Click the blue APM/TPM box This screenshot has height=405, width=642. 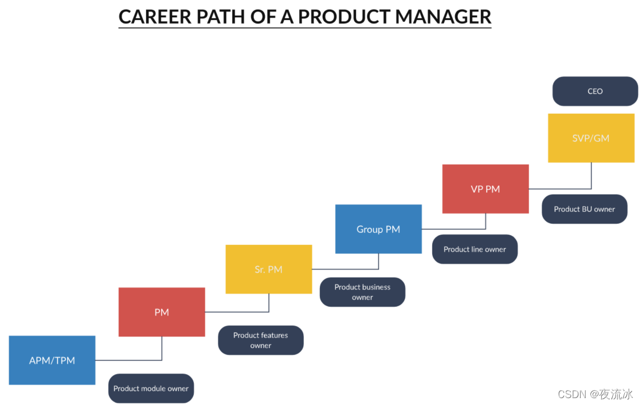coord(52,360)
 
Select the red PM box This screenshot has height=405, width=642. coord(162,312)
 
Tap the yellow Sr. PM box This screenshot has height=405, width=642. coord(268,269)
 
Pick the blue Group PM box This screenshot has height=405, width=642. coord(378,229)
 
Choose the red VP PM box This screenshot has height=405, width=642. coord(485,189)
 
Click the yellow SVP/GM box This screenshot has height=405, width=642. coord(590,138)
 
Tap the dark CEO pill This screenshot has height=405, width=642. coord(595,91)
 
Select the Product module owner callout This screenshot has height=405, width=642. coord(151,388)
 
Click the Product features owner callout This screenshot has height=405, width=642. coord(260,340)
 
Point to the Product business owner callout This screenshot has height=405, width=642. coord(362,292)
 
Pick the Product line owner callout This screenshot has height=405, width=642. coord(475,249)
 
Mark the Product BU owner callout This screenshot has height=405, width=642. coord(584,209)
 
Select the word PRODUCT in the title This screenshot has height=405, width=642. coord(344,17)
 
